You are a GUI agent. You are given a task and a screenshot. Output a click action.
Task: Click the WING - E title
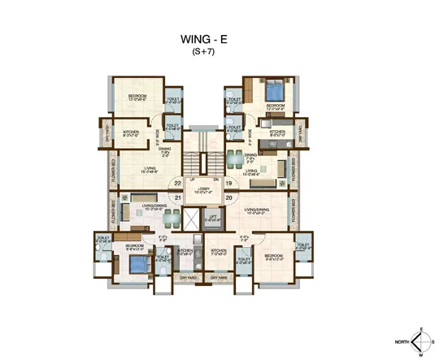[x=203, y=39]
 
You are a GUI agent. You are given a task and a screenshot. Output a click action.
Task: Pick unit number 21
[x=178, y=197]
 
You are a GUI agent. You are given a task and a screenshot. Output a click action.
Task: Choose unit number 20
[x=229, y=197]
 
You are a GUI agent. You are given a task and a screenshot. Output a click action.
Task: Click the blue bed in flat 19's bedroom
[x=274, y=89]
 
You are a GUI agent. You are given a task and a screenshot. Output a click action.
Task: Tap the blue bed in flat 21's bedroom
[x=139, y=265]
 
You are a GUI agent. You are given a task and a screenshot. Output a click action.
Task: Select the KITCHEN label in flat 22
[x=131, y=131]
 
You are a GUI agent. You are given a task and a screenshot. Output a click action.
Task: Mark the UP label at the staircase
[x=193, y=178]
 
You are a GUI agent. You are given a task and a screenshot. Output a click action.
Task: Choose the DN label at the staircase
[x=215, y=178]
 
